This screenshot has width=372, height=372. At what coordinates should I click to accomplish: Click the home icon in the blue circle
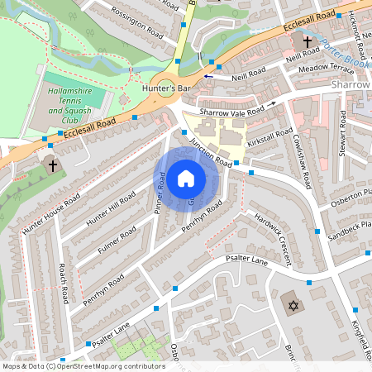click(186, 177)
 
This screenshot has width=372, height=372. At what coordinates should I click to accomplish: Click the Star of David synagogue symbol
click(290, 305)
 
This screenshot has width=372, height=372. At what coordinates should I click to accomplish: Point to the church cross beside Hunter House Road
click(53, 165)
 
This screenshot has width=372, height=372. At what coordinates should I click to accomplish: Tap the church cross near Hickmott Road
click(308, 41)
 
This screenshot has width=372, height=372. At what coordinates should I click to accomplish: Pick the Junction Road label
click(211, 151)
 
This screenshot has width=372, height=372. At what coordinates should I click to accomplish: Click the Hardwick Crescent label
click(273, 240)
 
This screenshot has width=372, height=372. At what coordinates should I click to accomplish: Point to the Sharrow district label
click(352, 85)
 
